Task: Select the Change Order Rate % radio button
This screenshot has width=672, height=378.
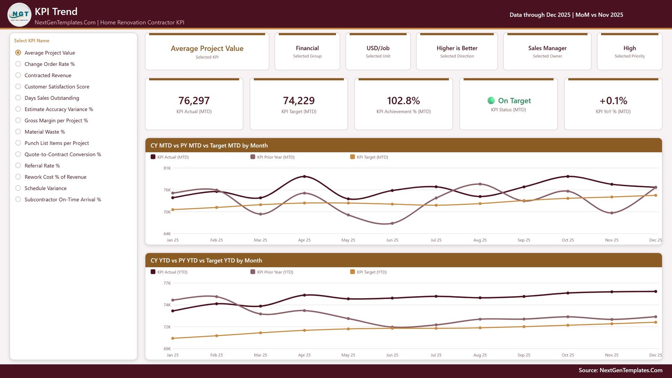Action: (18, 64)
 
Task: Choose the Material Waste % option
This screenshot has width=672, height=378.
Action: (18, 132)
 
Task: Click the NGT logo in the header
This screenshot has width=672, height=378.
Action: (19, 14)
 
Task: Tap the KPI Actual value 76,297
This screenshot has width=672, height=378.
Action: (194, 100)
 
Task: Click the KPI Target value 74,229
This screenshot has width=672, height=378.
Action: (299, 100)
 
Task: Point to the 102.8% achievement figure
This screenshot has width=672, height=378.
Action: (404, 100)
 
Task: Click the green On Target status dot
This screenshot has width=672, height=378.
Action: (491, 100)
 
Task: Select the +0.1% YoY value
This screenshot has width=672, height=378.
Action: (613, 100)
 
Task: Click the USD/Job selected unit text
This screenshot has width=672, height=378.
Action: (378, 48)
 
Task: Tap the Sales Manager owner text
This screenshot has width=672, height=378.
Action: (547, 48)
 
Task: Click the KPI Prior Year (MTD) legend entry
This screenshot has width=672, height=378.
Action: (273, 157)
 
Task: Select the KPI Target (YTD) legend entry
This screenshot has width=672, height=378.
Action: (368, 272)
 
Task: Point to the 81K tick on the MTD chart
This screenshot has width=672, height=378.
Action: (167, 168)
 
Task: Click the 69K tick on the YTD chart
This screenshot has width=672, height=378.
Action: (167, 349)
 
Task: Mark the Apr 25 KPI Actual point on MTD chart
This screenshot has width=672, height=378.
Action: (304, 176)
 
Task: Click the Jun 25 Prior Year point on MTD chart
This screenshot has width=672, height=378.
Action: (392, 223)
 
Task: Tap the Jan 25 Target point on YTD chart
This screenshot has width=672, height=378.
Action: (173, 338)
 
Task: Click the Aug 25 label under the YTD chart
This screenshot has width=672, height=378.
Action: (480, 355)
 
